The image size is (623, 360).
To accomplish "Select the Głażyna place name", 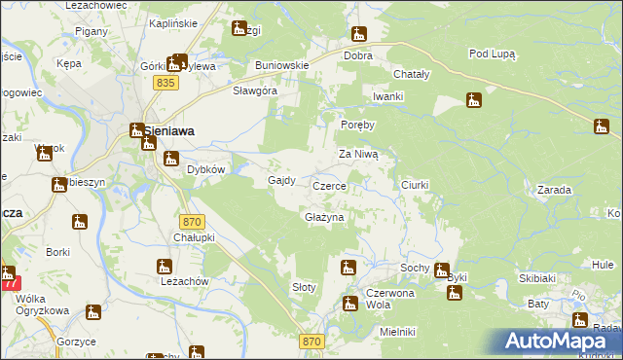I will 325,218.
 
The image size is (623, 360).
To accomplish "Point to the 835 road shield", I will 165,85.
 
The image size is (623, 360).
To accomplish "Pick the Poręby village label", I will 357,125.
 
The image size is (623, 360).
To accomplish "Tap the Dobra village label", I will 358,56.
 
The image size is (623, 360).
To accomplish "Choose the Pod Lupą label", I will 492,54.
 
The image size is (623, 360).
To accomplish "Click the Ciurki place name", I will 415,184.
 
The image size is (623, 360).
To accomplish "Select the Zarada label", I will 553,190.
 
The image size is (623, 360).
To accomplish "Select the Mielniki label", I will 398,332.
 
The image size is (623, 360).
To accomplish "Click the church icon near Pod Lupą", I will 474,100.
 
